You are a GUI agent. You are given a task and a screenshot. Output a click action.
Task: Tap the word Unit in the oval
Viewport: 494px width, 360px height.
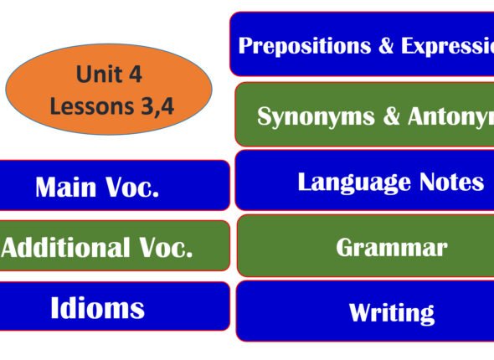[x=93, y=75]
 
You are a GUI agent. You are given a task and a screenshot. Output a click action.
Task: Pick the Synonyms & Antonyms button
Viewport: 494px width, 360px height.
[x=365, y=116]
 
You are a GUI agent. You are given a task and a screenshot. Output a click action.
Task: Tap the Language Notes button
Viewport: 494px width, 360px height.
[x=365, y=181]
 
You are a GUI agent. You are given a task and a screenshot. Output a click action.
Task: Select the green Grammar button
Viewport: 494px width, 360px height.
[x=365, y=246]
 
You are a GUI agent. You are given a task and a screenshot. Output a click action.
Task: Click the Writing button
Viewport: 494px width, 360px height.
[x=365, y=312]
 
